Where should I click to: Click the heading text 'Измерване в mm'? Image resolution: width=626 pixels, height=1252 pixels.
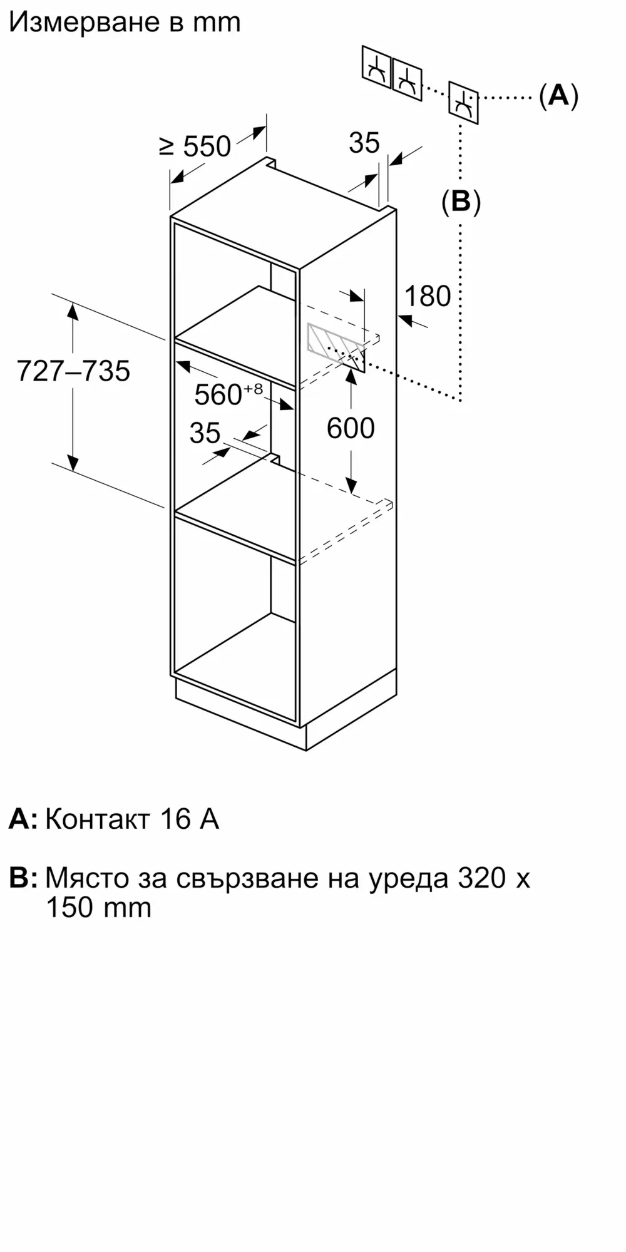tap(125, 23)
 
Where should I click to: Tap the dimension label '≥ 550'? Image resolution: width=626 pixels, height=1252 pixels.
tap(195, 146)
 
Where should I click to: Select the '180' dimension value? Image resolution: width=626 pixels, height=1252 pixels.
tap(428, 296)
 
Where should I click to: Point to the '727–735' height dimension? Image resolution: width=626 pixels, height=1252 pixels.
tap(73, 371)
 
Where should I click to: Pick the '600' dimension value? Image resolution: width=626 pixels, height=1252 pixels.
tap(351, 428)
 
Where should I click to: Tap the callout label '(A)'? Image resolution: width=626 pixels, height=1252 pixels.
tap(558, 96)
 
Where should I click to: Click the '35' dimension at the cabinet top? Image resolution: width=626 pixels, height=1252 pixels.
tap(364, 143)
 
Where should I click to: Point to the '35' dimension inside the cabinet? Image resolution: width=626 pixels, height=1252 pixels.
tap(205, 433)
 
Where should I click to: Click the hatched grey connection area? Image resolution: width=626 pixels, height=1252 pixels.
tap(326, 341)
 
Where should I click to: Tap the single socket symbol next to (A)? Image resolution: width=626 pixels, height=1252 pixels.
tap(463, 102)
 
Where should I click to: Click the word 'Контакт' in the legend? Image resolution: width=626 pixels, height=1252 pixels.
tap(97, 819)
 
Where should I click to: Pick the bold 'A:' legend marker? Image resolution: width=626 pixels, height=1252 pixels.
tap(23, 819)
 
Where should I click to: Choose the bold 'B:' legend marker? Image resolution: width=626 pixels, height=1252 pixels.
tap(23, 878)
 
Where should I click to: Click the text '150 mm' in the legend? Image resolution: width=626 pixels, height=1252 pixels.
tap(98, 908)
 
